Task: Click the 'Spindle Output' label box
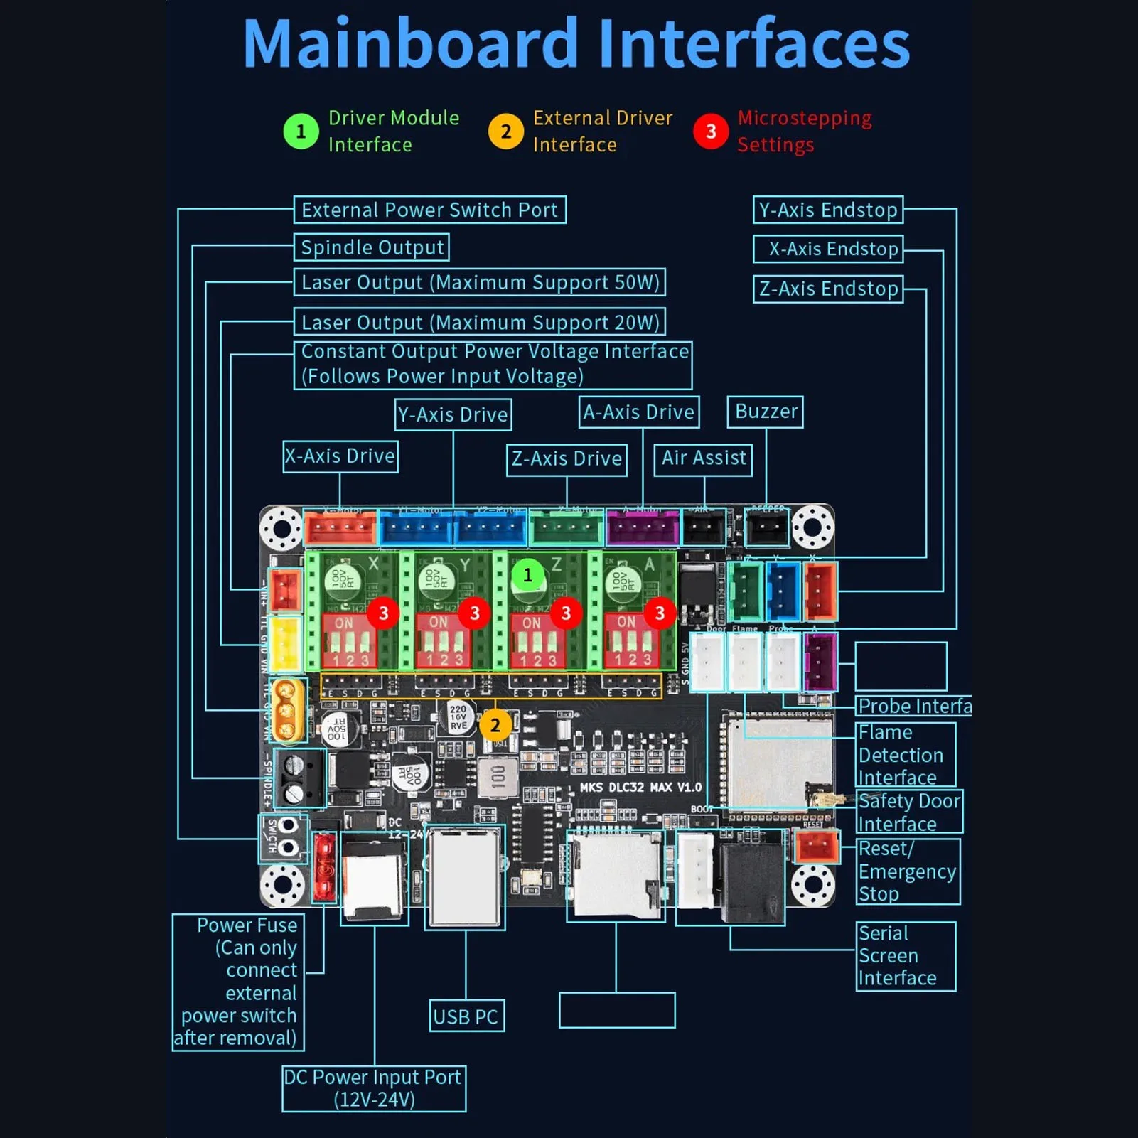372,247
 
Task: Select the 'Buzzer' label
765,412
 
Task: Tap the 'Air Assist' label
703,458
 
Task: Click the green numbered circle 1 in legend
301,131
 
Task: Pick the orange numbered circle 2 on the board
495,725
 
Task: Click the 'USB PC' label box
466,1016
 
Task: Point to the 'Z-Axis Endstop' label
828,289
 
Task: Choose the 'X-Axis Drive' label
340,456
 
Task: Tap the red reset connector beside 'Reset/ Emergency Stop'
817,847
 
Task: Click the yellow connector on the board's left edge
285,643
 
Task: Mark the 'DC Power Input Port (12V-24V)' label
374,1088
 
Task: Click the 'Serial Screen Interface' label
898,955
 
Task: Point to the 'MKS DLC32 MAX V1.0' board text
640,788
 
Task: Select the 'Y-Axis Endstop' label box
828,210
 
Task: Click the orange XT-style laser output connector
287,709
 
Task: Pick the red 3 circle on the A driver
660,613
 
